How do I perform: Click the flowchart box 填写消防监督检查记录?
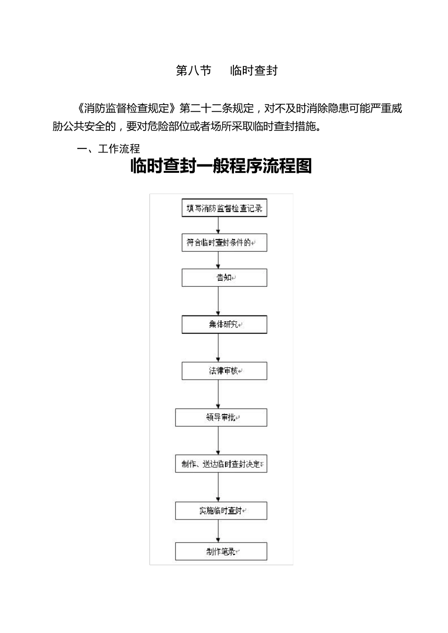point(224,208)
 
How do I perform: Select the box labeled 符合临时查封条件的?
point(224,243)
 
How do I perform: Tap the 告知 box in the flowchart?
point(224,278)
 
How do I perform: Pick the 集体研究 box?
point(224,325)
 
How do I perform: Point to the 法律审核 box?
point(224,371)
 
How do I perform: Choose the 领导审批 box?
point(221,417)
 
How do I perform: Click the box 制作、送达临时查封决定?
point(221,464)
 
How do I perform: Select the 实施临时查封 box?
point(221,511)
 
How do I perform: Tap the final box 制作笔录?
point(221,552)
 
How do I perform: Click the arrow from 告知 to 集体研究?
point(218,301)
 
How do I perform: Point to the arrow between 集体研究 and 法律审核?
point(218,348)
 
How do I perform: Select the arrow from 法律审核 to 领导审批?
point(218,394)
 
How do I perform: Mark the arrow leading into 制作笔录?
point(218,531)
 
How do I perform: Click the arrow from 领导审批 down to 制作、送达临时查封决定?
point(218,441)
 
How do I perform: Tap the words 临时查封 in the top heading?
point(254,71)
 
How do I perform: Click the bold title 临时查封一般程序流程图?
point(221,166)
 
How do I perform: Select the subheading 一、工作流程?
point(108,149)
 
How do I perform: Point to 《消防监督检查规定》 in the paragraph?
point(127,108)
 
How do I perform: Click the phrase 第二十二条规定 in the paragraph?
point(217,108)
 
